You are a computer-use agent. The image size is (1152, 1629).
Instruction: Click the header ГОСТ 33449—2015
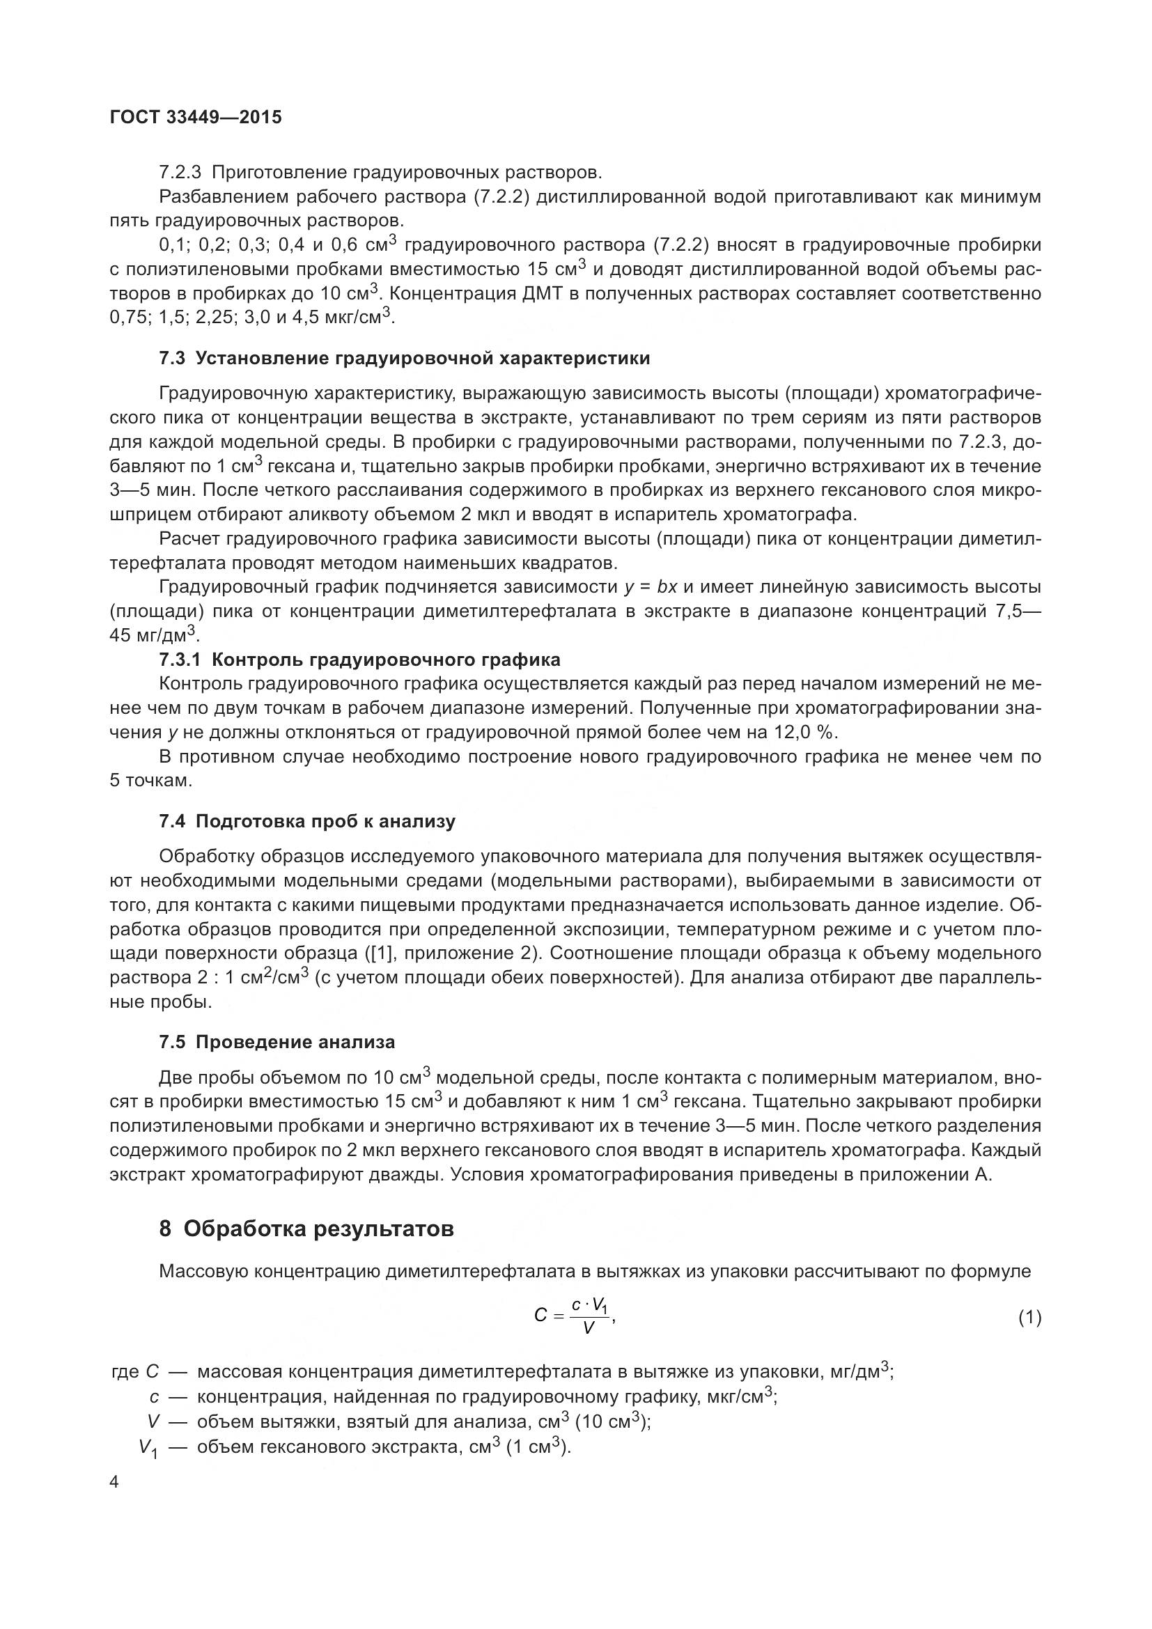(x=196, y=117)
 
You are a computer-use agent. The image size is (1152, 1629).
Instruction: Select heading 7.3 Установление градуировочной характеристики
(x=405, y=358)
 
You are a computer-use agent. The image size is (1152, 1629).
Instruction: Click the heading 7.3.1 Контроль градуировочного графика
(x=359, y=660)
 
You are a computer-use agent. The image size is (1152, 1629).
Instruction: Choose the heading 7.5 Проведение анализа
(x=277, y=1043)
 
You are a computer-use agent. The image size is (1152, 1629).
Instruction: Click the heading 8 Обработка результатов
(x=306, y=1229)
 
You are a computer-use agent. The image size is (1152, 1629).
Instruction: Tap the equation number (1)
(x=1029, y=1318)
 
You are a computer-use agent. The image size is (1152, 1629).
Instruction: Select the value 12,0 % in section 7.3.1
(x=810, y=732)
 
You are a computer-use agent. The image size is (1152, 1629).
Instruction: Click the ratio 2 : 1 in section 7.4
(x=215, y=978)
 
